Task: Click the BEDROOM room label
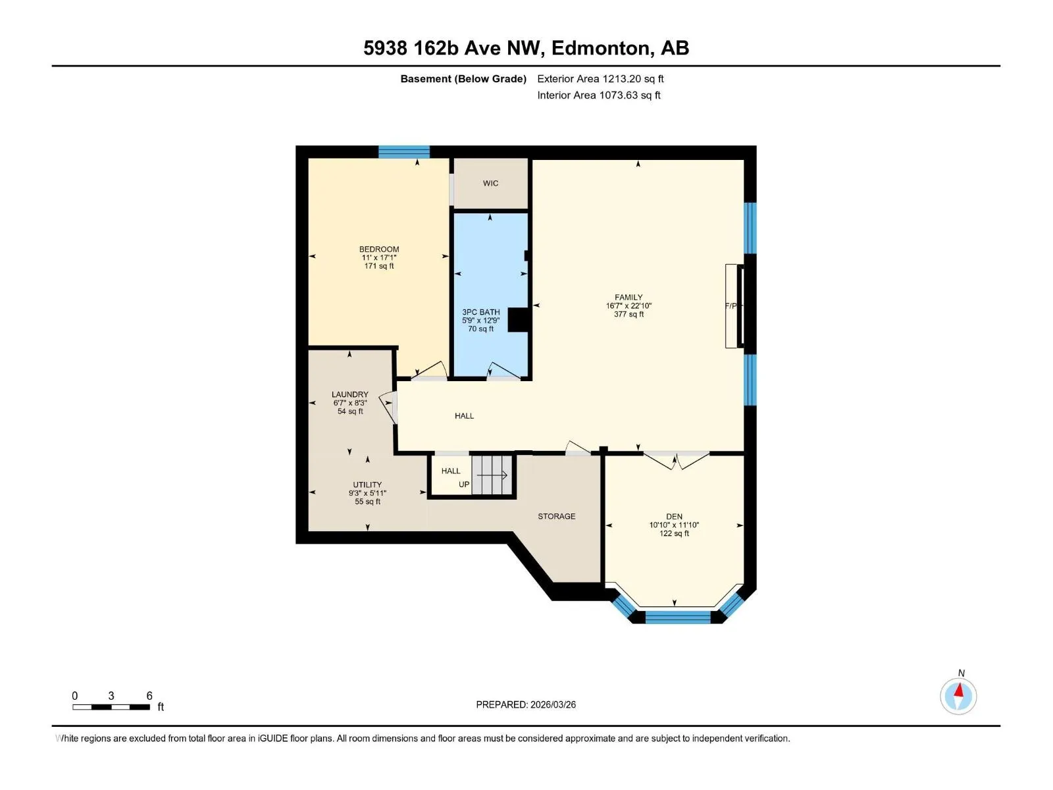379,250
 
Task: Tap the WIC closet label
490,183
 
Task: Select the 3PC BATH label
480,312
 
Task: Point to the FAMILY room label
629,298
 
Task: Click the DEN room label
674,517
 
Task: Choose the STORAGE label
557,516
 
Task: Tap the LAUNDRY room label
349,394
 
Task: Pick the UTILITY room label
367,485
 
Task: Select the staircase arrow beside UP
492,475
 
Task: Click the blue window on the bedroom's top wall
404,151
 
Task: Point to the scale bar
111,707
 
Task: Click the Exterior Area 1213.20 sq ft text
600,78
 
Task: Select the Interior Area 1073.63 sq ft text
599,95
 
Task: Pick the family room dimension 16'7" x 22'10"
629,305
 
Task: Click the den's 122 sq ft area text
674,533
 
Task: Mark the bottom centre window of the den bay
677,618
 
